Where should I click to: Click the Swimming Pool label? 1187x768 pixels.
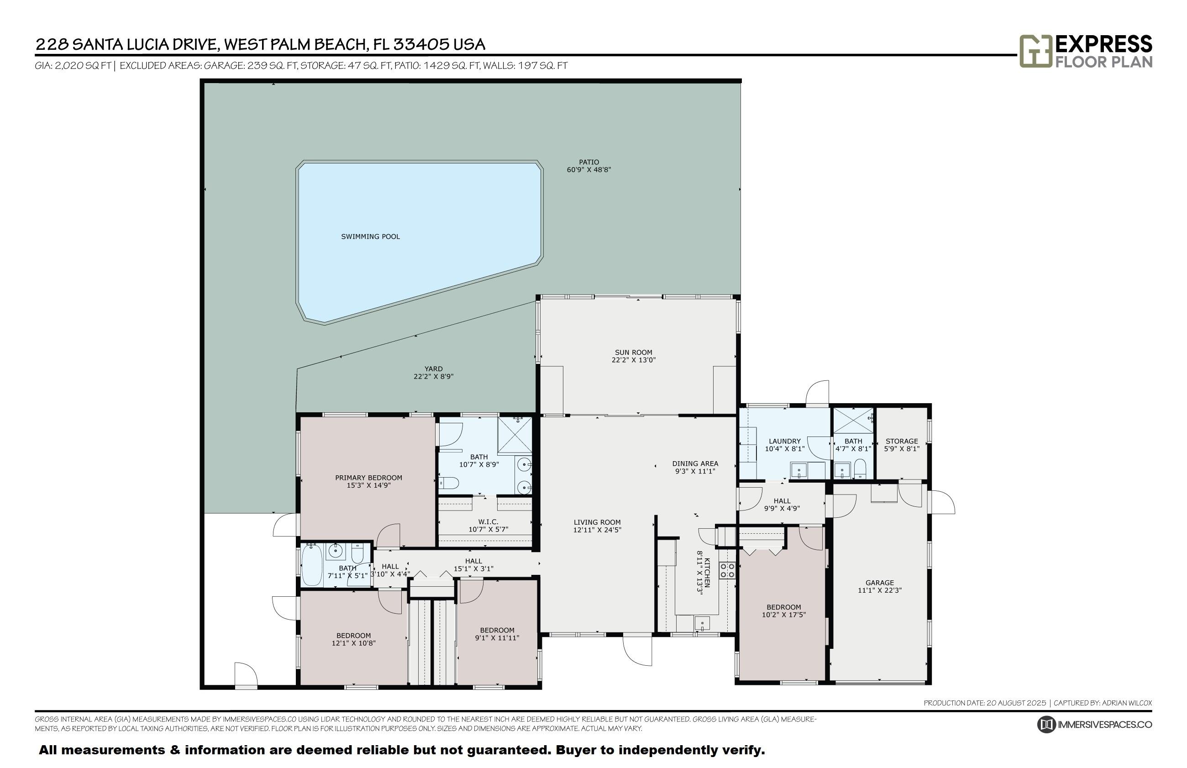pos(370,237)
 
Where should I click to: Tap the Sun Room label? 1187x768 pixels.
pos(633,352)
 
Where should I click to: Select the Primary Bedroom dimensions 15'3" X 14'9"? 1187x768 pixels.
pos(369,485)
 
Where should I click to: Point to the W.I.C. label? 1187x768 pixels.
pos(488,521)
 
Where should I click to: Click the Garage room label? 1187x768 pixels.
pos(879,583)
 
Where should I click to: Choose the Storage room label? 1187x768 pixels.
pos(901,442)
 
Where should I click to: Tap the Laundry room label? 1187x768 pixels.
pos(785,442)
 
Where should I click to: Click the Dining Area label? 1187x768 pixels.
pos(695,464)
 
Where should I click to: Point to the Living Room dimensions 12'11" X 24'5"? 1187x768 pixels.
pos(597,530)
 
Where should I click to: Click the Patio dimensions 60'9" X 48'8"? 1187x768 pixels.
pos(589,170)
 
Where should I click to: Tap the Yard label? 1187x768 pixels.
pos(433,369)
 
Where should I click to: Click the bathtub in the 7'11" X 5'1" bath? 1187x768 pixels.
pos(313,566)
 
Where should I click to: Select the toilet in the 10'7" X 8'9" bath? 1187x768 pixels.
pos(449,483)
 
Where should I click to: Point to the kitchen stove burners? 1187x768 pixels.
pos(727,570)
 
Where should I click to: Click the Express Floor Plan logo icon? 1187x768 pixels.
pos(1035,51)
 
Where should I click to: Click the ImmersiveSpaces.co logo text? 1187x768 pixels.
pos(1105,725)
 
